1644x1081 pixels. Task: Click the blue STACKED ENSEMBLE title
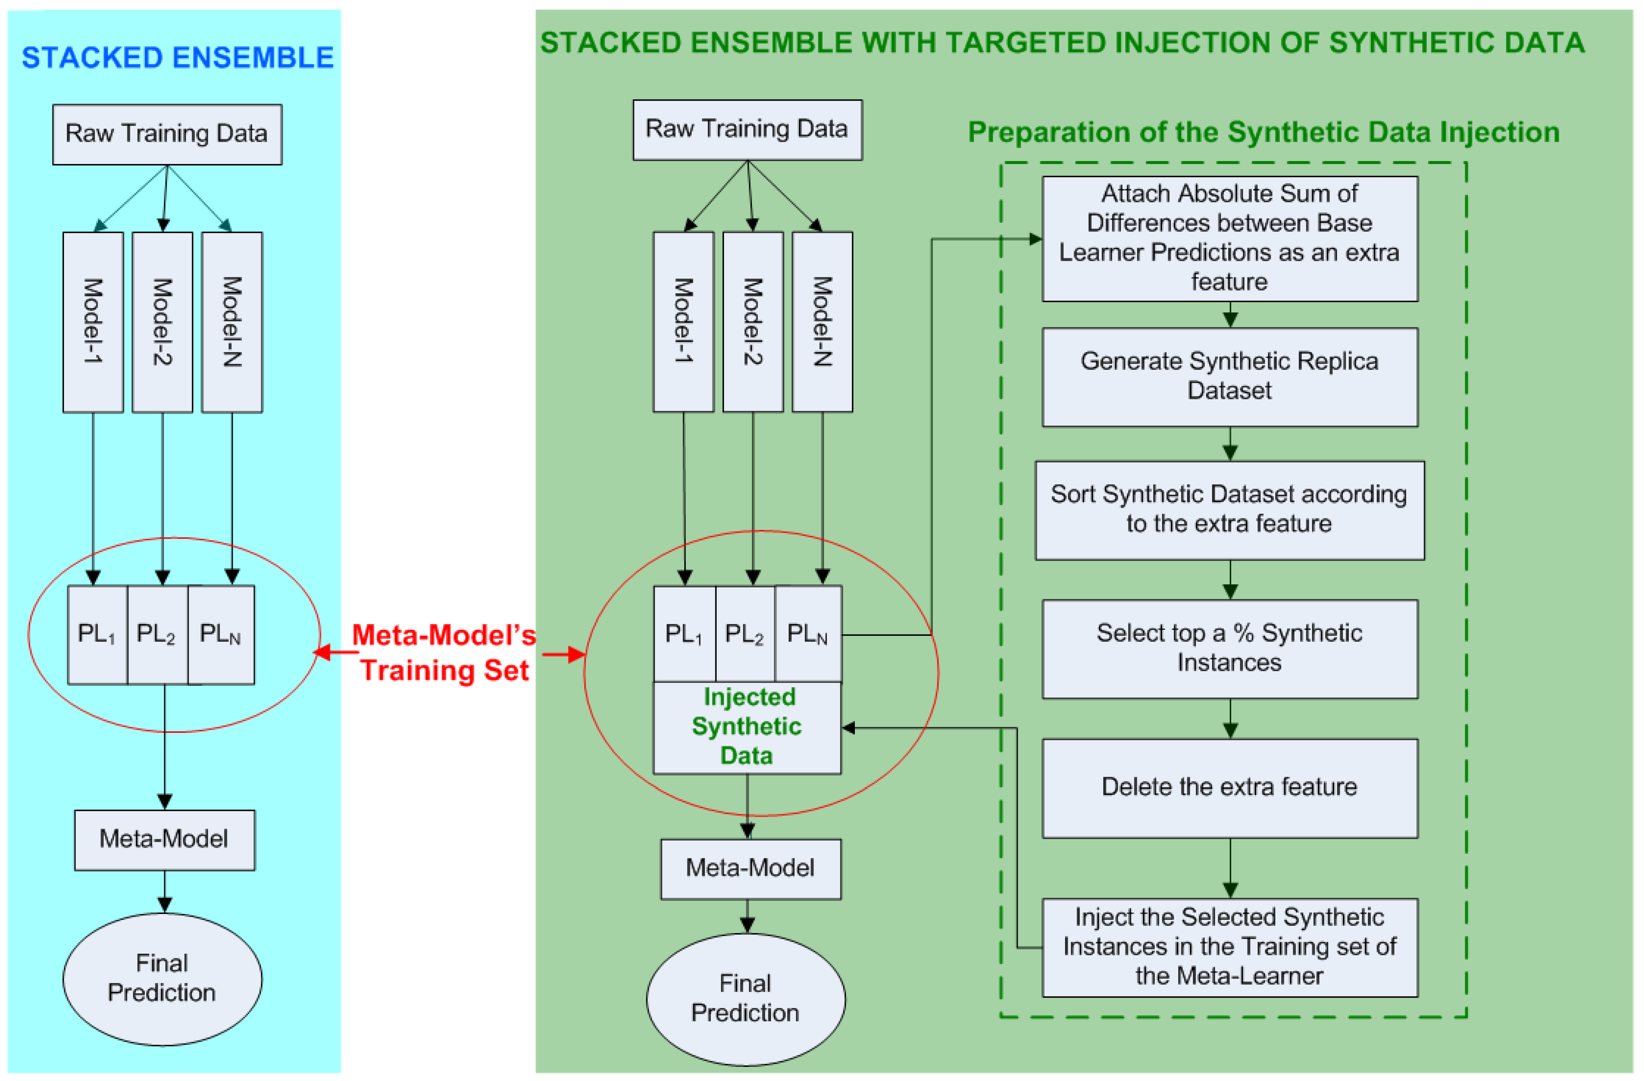[178, 57]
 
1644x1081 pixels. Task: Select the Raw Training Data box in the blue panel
[167, 134]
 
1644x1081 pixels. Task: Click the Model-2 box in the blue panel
[162, 322]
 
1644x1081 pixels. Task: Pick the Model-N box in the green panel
[822, 322]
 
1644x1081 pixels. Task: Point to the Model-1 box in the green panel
[683, 322]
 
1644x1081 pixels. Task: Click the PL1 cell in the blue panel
[97, 634]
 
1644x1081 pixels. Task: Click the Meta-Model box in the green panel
[750, 868]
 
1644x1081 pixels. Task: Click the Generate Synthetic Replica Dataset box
[1229, 376]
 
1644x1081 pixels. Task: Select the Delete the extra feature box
[1229, 787]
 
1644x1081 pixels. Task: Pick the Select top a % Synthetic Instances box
[1229, 648]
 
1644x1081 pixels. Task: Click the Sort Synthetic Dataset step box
[1229, 510]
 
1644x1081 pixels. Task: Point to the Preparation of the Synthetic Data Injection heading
[1264, 132]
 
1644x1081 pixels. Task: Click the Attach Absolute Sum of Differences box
[1229, 238]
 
